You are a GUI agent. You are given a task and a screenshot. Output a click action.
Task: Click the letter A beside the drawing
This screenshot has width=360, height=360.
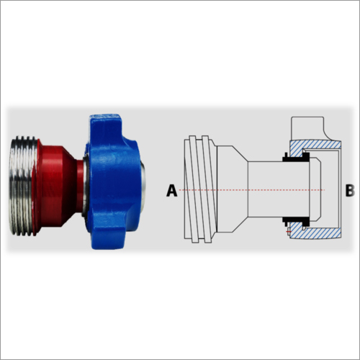click(x=171, y=190)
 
